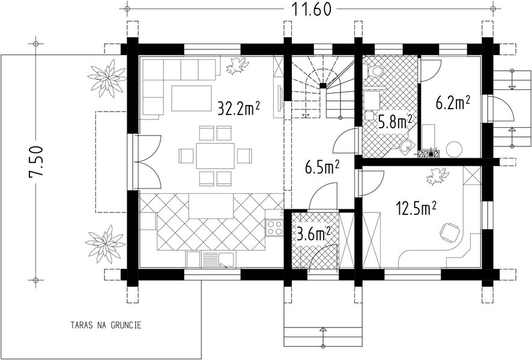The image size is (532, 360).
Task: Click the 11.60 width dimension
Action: [311, 9]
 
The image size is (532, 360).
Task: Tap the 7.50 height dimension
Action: [35, 161]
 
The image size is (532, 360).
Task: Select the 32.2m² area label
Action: [238, 108]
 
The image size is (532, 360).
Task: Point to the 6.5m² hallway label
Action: [322, 167]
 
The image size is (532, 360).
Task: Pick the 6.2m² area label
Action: [453, 103]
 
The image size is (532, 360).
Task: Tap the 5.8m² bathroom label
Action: [395, 122]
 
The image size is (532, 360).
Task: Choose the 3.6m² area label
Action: [314, 233]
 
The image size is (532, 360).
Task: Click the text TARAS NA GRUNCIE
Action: [106, 325]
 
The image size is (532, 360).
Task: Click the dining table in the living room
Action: [216, 156]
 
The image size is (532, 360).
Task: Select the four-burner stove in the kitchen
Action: [274, 227]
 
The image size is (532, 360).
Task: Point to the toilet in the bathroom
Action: [374, 71]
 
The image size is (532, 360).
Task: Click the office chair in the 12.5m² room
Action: [450, 232]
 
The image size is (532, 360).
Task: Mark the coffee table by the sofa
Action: [192, 98]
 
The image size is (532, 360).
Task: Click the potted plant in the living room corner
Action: [237, 65]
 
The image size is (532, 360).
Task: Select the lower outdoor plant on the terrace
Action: [105, 244]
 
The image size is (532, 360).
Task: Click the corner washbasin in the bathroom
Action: [406, 146]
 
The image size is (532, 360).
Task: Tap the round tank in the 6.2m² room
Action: [454, 149]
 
